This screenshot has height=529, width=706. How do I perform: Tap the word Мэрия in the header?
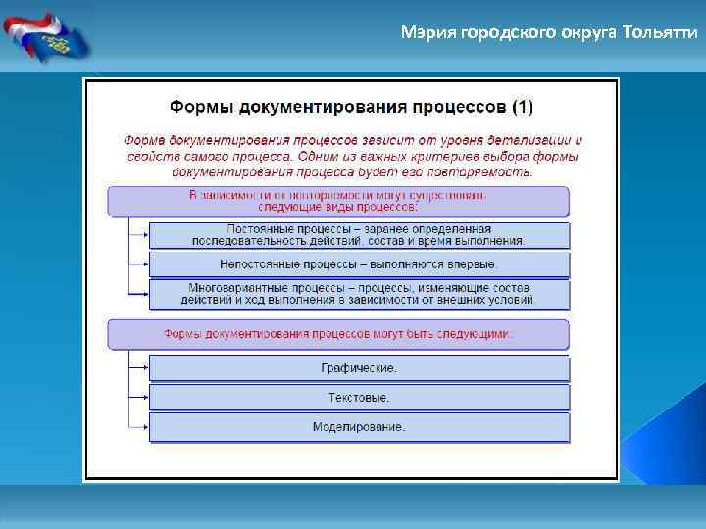click(424, 33)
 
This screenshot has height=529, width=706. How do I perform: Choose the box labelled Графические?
click(359, 368)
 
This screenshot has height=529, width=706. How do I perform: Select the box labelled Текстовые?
click(359, 398)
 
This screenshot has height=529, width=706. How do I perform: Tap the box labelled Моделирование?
click(359, 427)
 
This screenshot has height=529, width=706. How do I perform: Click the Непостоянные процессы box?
click(359, 264)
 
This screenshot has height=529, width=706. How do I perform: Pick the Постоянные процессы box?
click(359, 234)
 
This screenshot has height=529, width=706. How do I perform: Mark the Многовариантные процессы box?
click(359, 294)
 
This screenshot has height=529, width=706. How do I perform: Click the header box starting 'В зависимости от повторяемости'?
click(337, 201)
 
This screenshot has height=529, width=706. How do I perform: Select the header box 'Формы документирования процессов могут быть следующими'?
click(337, 334)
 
